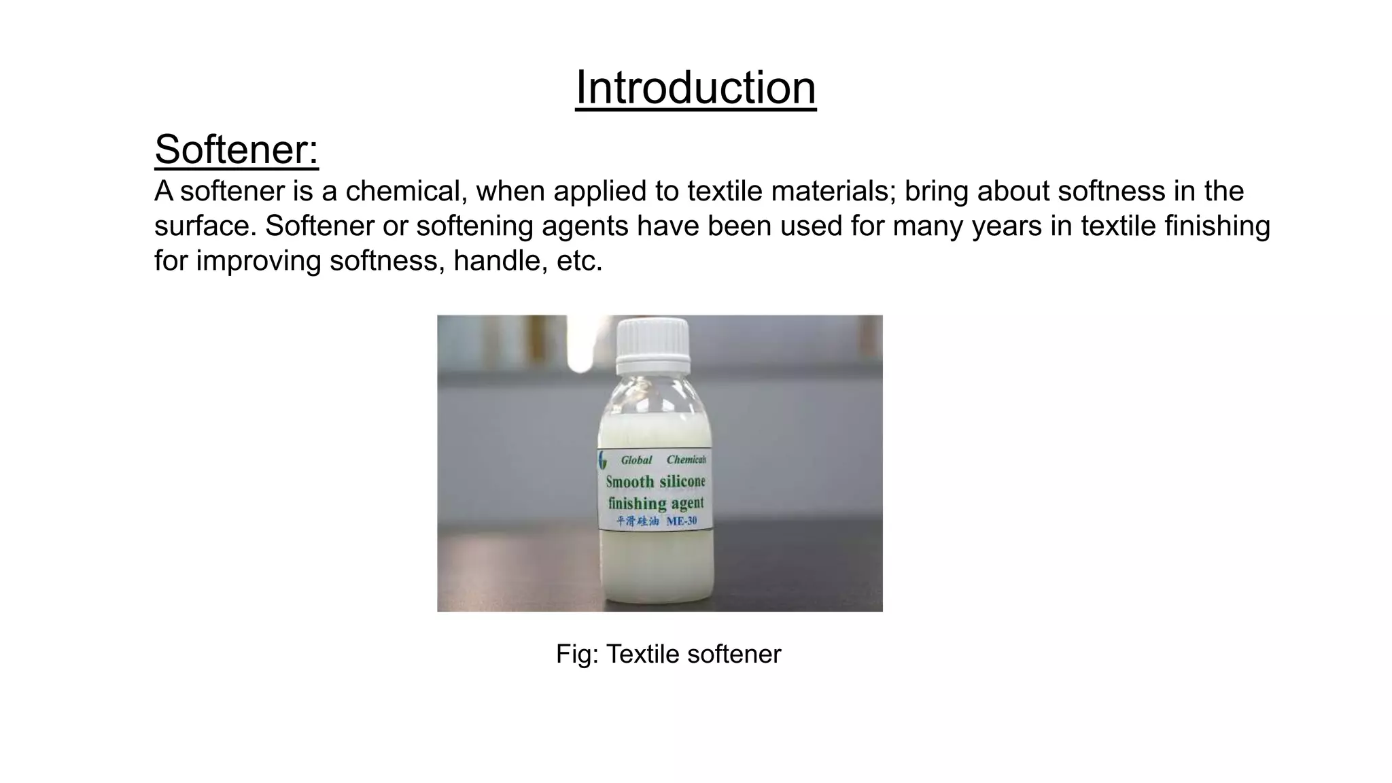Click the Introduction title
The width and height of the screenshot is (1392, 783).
tap(695, 88)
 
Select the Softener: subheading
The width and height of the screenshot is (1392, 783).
tap(237, 150)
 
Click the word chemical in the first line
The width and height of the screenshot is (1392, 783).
tap(406, 192)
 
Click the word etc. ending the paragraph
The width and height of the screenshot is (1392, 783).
tap(579, 261)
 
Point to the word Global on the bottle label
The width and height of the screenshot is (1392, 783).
tap(636, 460)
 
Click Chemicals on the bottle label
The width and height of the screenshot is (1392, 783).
tap(686, 460)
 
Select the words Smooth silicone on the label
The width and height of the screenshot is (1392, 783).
tap(655, 482)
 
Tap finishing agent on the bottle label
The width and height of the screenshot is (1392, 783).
tap(655, 504)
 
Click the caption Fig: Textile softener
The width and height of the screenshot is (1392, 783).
tap(668, 654)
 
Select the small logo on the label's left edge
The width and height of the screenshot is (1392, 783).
tap(602, 460)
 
